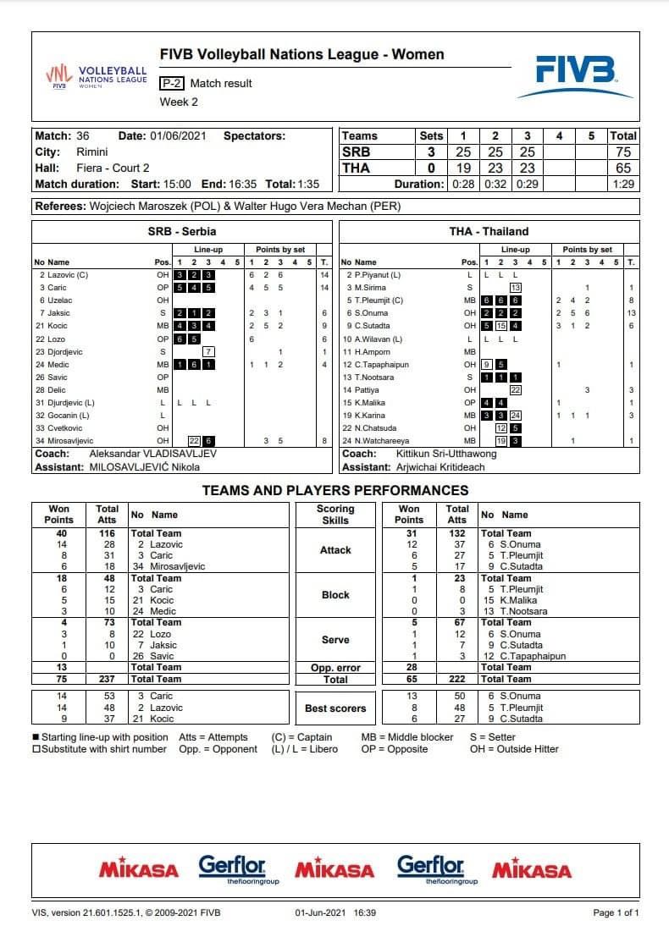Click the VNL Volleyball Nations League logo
[96, 77]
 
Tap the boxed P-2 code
[172, 83]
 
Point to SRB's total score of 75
[623, 152]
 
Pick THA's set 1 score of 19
[463, 168]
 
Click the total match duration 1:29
[623, 184]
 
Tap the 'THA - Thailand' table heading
[489, 231]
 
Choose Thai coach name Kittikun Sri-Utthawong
[446, 454]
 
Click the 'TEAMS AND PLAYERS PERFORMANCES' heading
[334, 490]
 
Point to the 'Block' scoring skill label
[335, 595]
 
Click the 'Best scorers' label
[335, 708]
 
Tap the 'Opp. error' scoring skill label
[335, 668]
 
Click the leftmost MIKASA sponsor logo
[139, 869]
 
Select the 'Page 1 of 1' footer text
[616, 913]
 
